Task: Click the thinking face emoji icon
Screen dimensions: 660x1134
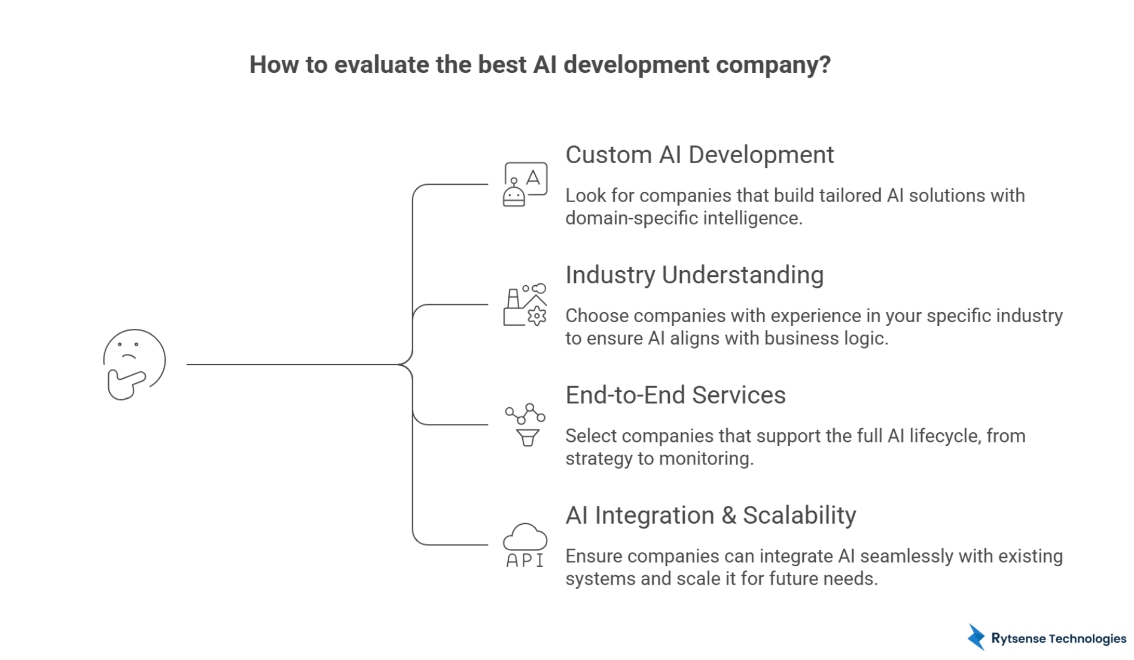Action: (135, 363)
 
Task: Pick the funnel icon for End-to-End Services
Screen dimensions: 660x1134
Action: (527, 438)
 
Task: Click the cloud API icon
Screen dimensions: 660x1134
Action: (525, 545)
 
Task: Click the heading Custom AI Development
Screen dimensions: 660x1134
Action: (699, 155)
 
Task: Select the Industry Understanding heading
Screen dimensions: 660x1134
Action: (694, 275)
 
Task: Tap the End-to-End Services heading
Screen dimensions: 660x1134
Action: (675, 395)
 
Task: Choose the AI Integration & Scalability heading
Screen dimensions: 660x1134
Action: (711, 515)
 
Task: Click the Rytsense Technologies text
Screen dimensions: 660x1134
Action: (1058, 638)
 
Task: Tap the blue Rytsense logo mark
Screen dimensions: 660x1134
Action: (976, 637)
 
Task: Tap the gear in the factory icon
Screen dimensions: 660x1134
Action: (536, 316)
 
